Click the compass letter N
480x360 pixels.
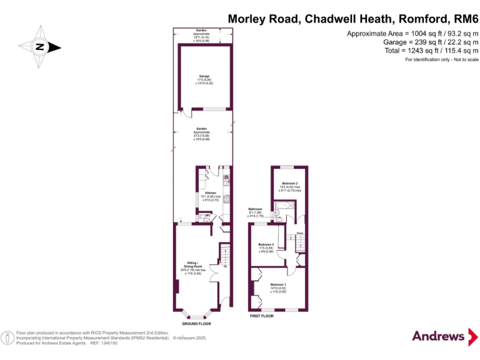(39, 47)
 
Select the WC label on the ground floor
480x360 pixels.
(207, 216)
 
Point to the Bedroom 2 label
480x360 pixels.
(289, 183)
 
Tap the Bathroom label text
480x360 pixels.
(256, 209)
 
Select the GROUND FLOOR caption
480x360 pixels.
(196, 324)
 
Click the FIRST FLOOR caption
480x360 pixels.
(262, 317)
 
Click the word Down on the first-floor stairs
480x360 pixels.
(299, 234)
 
